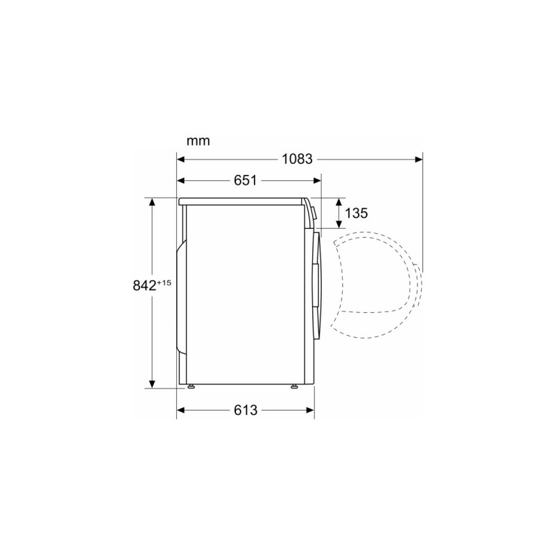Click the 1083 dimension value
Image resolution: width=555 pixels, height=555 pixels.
coord(297,160)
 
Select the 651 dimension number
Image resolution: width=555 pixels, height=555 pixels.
coord(246,180)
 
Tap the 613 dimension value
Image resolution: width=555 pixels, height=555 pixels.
coord(246,410)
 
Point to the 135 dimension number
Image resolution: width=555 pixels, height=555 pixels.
coord(356,213)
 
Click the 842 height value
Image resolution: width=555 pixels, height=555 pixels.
coord(144,285)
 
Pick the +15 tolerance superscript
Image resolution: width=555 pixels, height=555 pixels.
coord(164,282)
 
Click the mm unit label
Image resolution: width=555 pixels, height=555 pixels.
coord(198,141)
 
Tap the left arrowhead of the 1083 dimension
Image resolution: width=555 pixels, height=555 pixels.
coord(181,160)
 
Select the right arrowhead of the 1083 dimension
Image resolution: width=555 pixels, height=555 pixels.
coord(418,160)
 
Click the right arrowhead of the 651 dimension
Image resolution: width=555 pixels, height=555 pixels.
coord(317,181)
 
